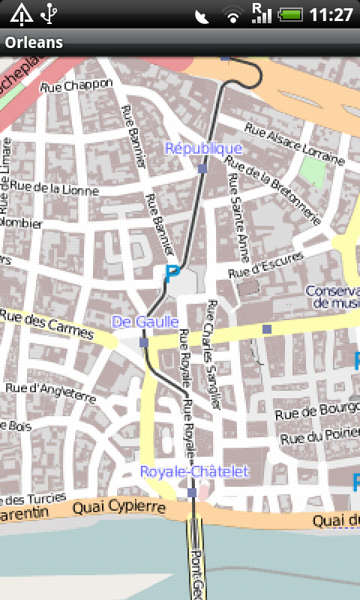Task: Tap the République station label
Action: tap(203, 148)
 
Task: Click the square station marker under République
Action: tap(202, 169)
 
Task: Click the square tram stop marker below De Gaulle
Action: tap(143, 342)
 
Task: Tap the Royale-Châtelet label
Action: tap(194, 472)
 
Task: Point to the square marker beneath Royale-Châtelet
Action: tap(192, 493)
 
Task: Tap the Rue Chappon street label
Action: tap(76, 86)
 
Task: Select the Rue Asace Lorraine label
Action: tap(294, 145)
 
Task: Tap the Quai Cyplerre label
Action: tap(118, 508)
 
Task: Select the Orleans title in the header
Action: tap(34, 43)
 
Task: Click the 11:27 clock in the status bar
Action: tap(331, 14)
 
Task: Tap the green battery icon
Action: tap(289, 14)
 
